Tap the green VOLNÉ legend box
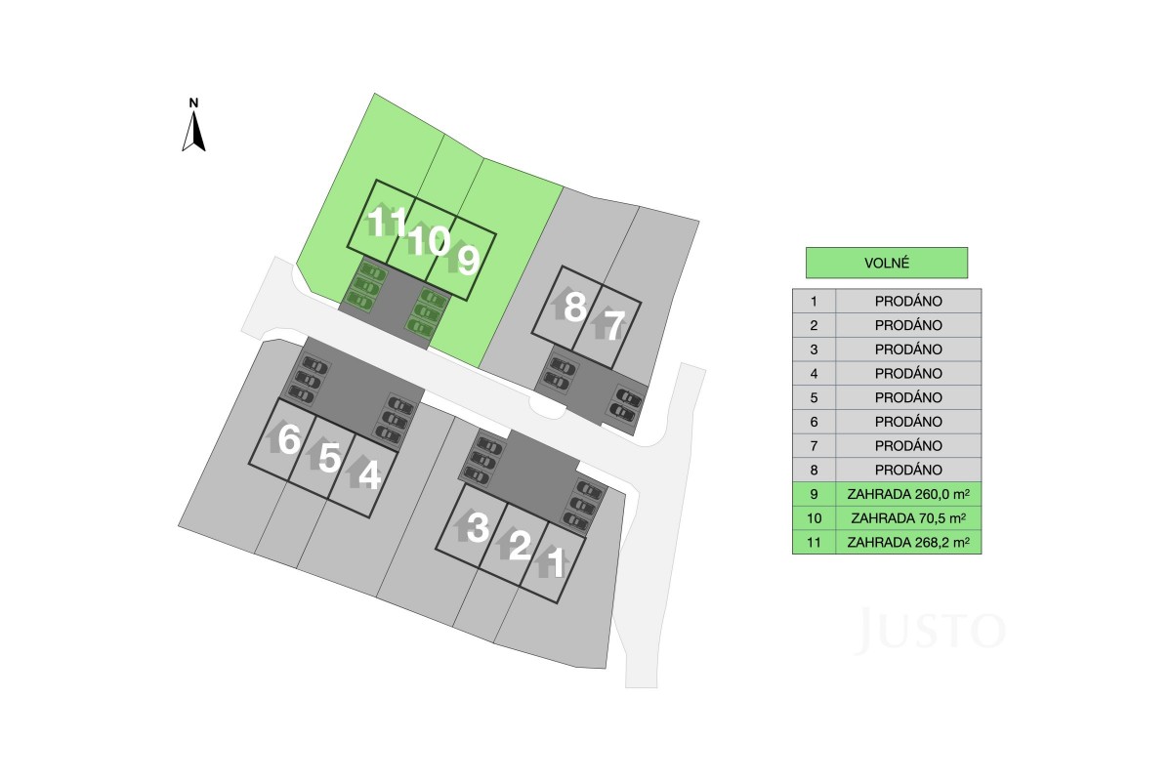coord(887,263)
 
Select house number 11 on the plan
coord(387,222)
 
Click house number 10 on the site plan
coord(429,240)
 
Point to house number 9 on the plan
coord(469,260)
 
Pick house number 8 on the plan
coord(575,307)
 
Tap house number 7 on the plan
coord(614,325)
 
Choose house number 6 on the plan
coord(289,438)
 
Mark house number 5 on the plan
coord(330,457)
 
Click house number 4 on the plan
coord(369,475)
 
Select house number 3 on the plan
coord(478,527)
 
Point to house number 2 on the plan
coord(520,545)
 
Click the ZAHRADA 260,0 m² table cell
coord(907,494)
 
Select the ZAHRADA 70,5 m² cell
coord(907,517)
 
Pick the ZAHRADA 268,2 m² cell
coord(907,542)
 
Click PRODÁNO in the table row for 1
coord(908,302)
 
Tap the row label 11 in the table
coord(814,543)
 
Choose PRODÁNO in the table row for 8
coord(908,470)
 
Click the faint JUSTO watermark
coord(930,630)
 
